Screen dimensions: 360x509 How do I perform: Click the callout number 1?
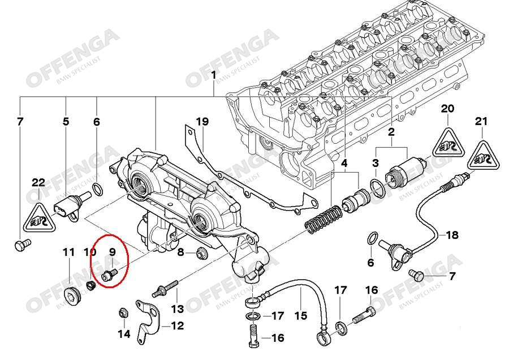coord(214,76)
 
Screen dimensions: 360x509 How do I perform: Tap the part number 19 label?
coord(202,122)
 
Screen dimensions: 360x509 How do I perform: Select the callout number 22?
coord(38,182)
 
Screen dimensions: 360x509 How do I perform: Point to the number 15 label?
coord(300,316)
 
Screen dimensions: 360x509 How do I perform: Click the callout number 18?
coord(452,235)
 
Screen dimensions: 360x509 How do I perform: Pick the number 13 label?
coord(178,309)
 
